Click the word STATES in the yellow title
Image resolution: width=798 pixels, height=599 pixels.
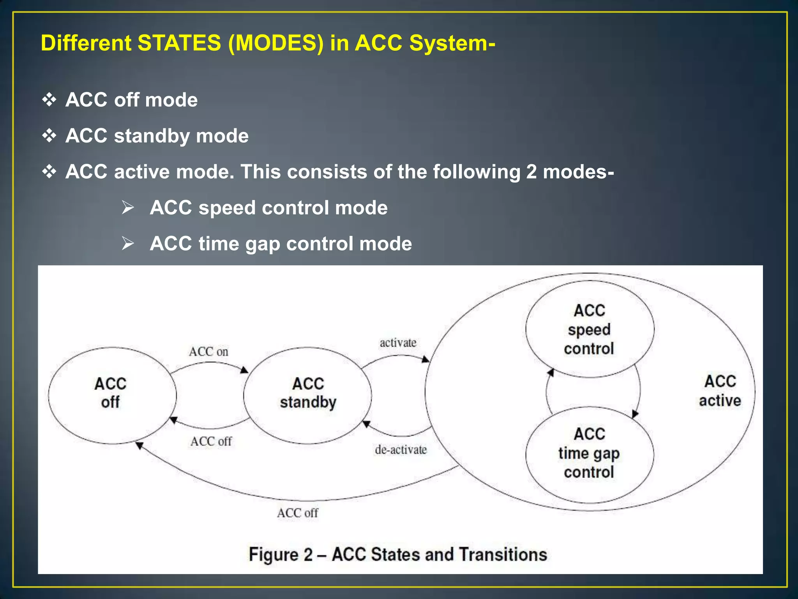tap(179, 43)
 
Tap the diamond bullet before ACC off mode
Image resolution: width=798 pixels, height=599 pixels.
tap(49, 100)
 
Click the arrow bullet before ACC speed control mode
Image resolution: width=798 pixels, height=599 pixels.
tap(127, 207)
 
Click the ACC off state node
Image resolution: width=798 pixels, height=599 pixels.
tap(112, 395)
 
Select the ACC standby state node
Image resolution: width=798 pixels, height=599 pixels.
tap(308, 395)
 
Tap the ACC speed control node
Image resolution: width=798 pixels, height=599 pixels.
tap(589, 330)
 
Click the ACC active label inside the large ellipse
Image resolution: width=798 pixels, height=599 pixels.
tap(720, 391)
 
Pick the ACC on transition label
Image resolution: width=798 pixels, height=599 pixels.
tap(208, 352)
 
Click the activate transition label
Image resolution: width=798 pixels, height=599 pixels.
tap(398, 343)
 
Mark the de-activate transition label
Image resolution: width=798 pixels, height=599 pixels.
tap(401, 450)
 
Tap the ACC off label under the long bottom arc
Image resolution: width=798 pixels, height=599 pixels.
tap(297, 513)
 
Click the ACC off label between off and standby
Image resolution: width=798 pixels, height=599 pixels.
tap(211, 441)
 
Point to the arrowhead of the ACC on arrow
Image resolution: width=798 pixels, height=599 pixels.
tap(245, 370)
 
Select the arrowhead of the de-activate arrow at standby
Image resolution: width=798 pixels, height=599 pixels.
tap(366, 424)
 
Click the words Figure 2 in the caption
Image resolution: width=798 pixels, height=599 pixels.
tap(281, 555)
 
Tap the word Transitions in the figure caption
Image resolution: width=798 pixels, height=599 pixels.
tap(503, 555)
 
